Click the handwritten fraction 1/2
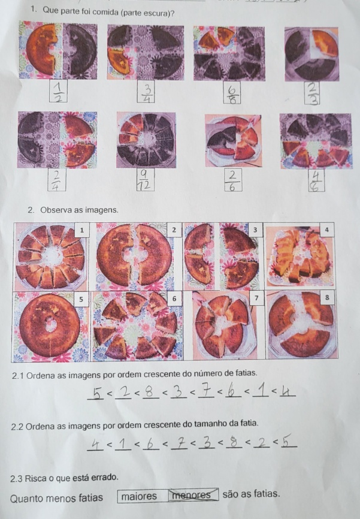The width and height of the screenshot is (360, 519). pyautogui.click(x=58, y=91)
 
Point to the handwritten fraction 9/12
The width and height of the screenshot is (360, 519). pyautogui.click(x=145, y=180)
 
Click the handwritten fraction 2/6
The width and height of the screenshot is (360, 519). pyautogui.click(x=232, y=180)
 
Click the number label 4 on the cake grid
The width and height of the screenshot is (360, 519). pyautogui.click(x=327, y=230)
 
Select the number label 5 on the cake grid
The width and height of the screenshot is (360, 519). pyautogui.click(x=81, y=299)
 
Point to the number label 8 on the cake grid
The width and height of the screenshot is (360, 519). pyautogui.click(x=327, y=298)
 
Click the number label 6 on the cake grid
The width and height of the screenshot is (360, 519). pyautogui.click(x=174, y=299)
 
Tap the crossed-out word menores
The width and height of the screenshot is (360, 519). pyautogui.click(x=192, y=495)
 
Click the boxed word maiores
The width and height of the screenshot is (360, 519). pyautogui.click(x=139, y=496)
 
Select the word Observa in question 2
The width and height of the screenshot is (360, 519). pyautogui.click(x=54, y=210)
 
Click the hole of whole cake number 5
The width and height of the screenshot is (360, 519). pyautogui.click(x=50, y=325)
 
